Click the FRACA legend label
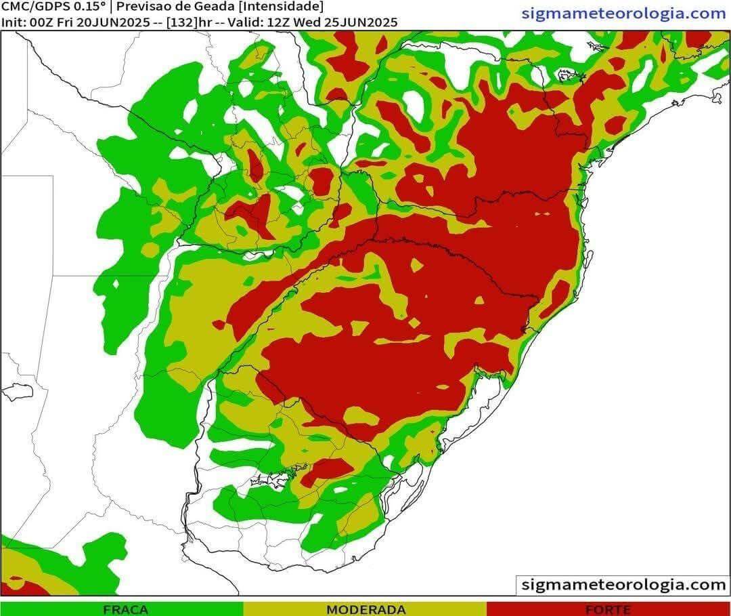point(125,610)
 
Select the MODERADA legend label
point(366,610)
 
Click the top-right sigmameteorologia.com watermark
point(623,13)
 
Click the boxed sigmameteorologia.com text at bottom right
point(623,585)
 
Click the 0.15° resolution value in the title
point(89,7)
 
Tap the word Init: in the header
point(14,22)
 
